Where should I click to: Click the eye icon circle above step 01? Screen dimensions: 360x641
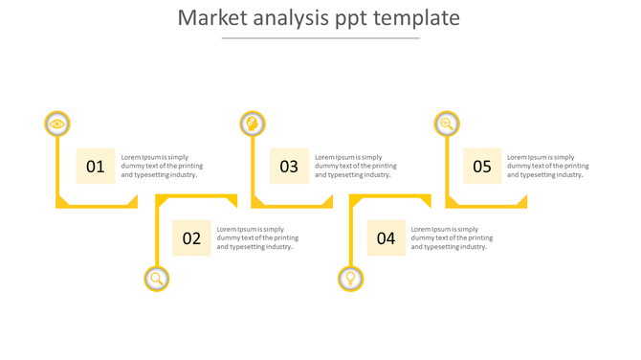click(57, 124)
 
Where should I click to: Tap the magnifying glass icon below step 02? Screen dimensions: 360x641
click(157, 279)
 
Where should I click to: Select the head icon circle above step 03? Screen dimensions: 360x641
click(253, 124)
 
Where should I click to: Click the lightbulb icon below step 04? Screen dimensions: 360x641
click(351, 279)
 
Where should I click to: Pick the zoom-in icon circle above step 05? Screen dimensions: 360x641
click(447, 124)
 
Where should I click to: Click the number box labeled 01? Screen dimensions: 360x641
click(96, 166)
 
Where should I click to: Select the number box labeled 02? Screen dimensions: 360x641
click(191, 238)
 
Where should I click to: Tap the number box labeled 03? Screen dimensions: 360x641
click(289, 166)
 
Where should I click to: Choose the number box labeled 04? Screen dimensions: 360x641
click(386, 238)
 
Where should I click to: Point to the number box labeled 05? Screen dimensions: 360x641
click(482, 166)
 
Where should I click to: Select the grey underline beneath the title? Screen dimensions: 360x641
click(320, 38)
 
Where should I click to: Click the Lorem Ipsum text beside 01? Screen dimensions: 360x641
click(159, 166)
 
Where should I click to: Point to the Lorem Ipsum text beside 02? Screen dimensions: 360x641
click(256, 238)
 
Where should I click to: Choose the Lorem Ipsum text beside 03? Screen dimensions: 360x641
click(354, 166)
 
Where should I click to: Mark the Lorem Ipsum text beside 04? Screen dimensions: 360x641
click(451, 238)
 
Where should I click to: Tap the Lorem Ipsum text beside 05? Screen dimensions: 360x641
click(547, 166)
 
